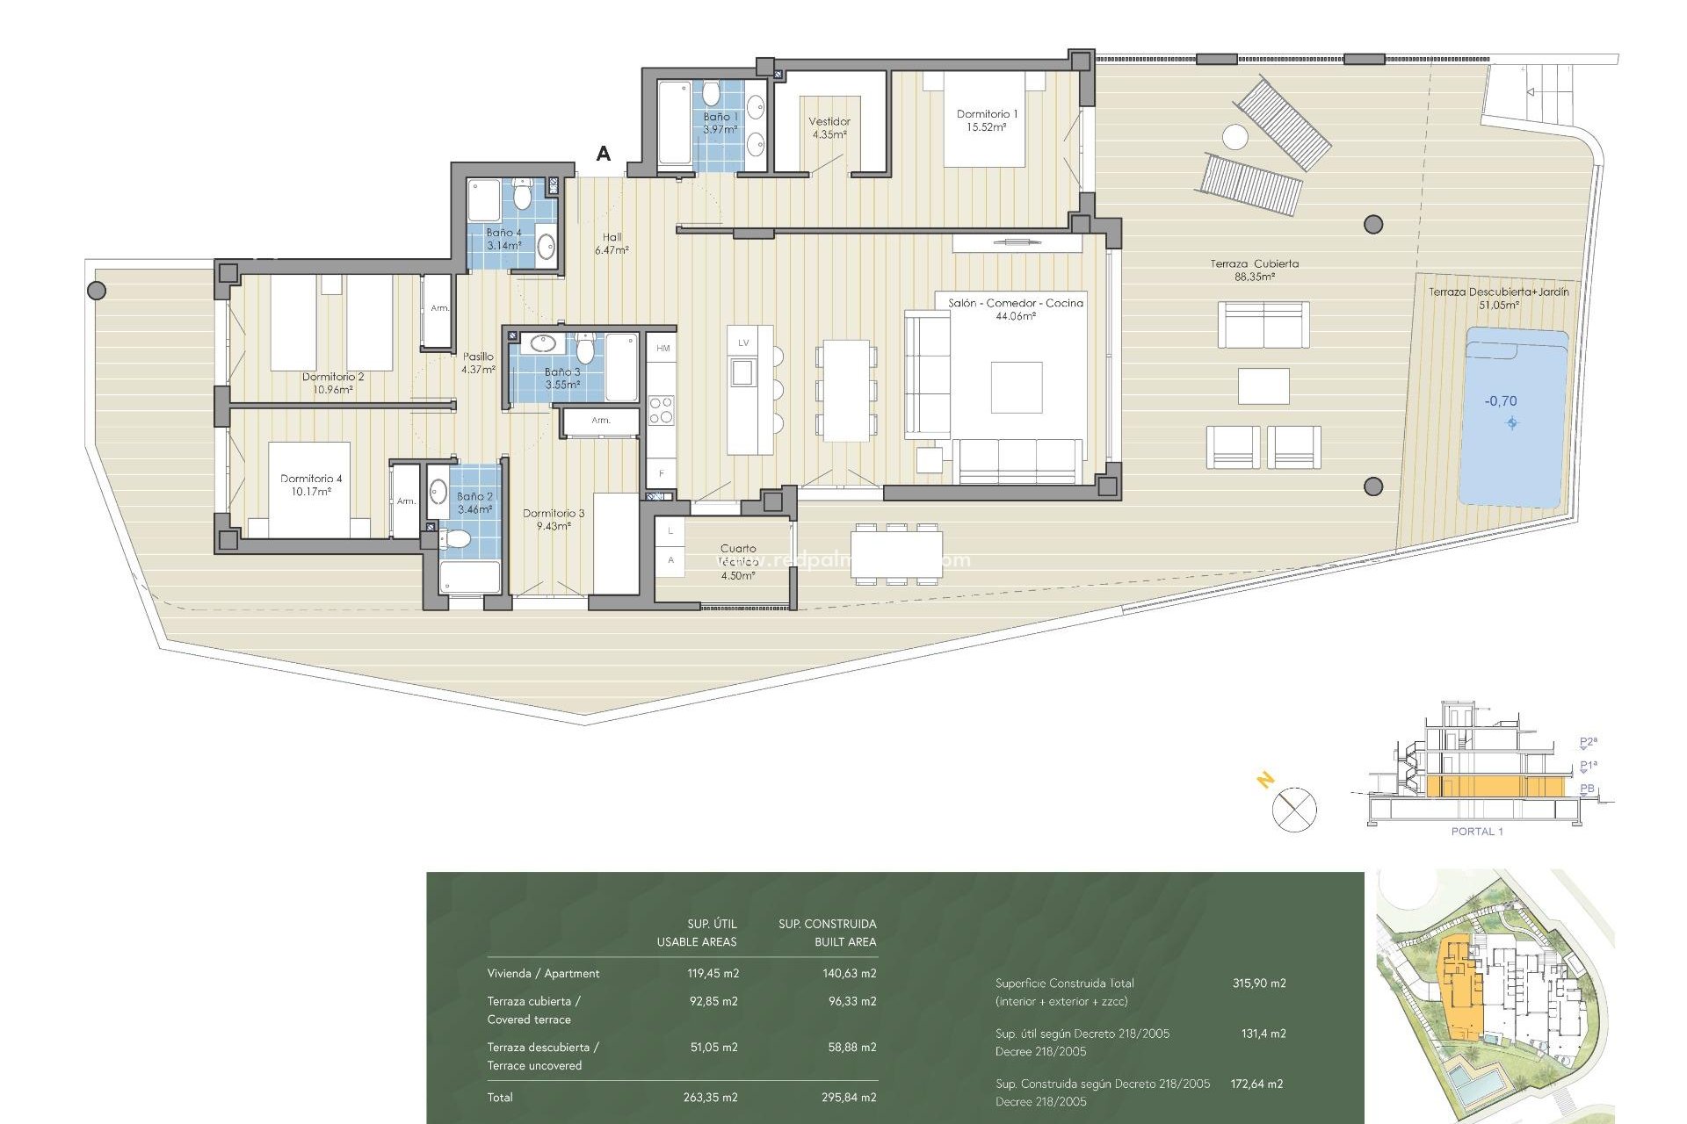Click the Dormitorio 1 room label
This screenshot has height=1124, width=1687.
click(x=986, y=120)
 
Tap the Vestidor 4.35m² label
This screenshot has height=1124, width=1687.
click(x=829, y=128)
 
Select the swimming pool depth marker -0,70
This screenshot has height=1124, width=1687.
click(x=1501, y=401)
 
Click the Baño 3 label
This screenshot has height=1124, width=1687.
click(x=562, y=378)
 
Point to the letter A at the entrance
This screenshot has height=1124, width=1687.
click(x=603, y=154)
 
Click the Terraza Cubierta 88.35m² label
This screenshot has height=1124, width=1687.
click(x=1254, y=270)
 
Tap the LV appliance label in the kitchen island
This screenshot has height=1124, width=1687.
click(x=743, y=342)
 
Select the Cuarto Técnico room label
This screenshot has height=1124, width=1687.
click(x=737, y=561)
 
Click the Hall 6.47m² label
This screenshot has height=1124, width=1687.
click(x=612, y=243)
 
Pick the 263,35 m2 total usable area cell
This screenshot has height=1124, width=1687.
click(x=710, y=1097)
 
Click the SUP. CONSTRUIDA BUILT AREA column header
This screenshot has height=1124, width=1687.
click(x=827, y=933)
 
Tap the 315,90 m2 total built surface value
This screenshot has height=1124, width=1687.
click(x=1258, y=983)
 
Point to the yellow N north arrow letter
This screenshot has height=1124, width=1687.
click(x=1265, y=779)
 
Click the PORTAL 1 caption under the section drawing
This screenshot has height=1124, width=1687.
click(x=1476, y=832)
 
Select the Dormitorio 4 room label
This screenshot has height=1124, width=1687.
click(x=311, y=485)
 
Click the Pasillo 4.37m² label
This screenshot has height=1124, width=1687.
click(x=478, y=363)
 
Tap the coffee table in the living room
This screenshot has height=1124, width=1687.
click(x=1017, y=387)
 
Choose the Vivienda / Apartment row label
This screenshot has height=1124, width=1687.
click(x=543, y=973)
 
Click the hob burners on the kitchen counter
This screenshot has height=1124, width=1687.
click(x=661, y=410)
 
